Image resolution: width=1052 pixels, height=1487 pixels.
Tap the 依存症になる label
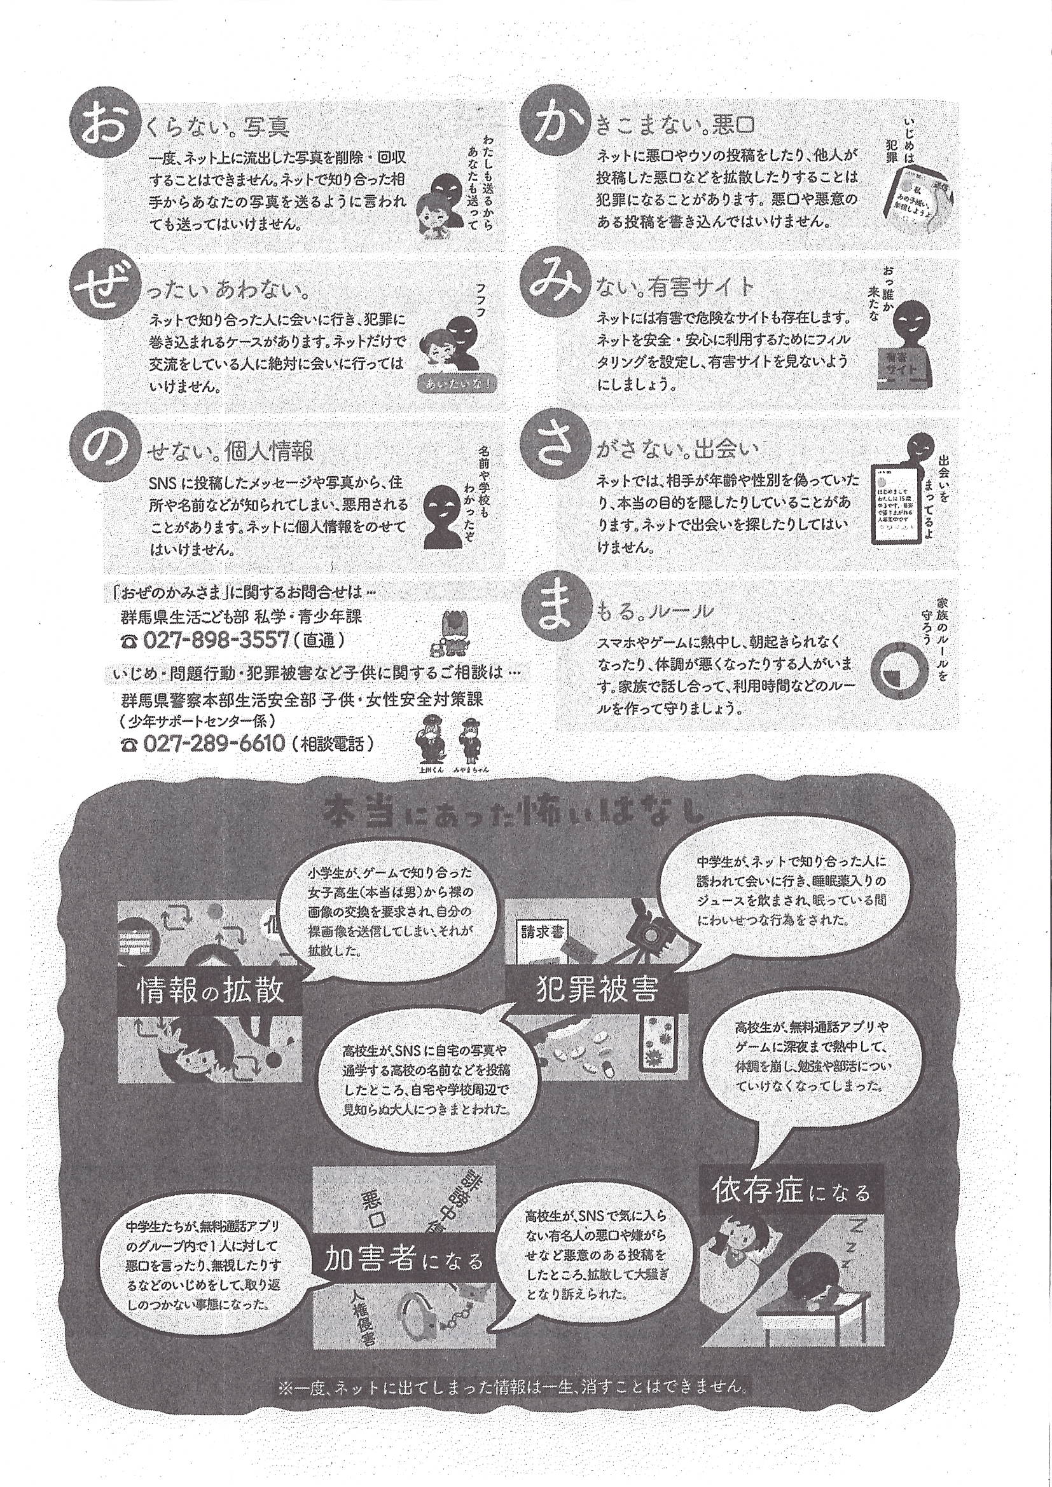(x=791, y=1190)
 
